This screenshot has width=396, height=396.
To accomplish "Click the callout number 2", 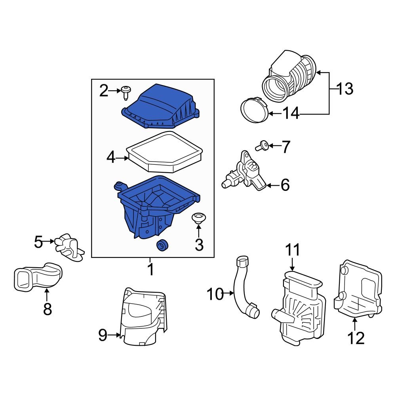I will pos(103,91).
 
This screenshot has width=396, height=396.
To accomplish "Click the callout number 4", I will pos(111,158).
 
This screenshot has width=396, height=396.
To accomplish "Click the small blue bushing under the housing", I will pos(162,246).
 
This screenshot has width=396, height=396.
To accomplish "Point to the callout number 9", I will pos(103,336).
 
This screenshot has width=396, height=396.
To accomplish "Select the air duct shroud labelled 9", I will pos(145,317).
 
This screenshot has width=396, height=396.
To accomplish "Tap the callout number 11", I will pos(293,250).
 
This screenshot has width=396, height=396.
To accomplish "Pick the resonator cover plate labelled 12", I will pos(358,289).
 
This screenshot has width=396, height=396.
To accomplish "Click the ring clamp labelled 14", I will pos(253,110).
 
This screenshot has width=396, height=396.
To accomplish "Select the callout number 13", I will pos(345,89).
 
